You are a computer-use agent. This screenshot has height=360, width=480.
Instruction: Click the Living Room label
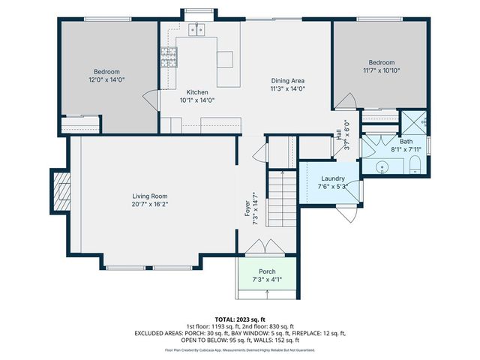click(148, 196)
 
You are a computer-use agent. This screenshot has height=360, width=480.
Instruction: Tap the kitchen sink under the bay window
click(198, 30)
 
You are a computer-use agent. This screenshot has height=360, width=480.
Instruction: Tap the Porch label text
click(267, 271)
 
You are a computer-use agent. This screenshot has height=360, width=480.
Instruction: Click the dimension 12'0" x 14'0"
click(106, 79)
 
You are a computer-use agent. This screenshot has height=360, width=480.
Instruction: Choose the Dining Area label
click(288, 80)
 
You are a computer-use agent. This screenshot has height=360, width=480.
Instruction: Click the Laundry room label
click(331, 178)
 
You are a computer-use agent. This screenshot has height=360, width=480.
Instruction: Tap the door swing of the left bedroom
click(151, 97)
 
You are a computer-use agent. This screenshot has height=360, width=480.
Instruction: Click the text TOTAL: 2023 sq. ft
click(240, 319)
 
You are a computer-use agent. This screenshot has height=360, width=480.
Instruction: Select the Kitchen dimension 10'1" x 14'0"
click(196, 100)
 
